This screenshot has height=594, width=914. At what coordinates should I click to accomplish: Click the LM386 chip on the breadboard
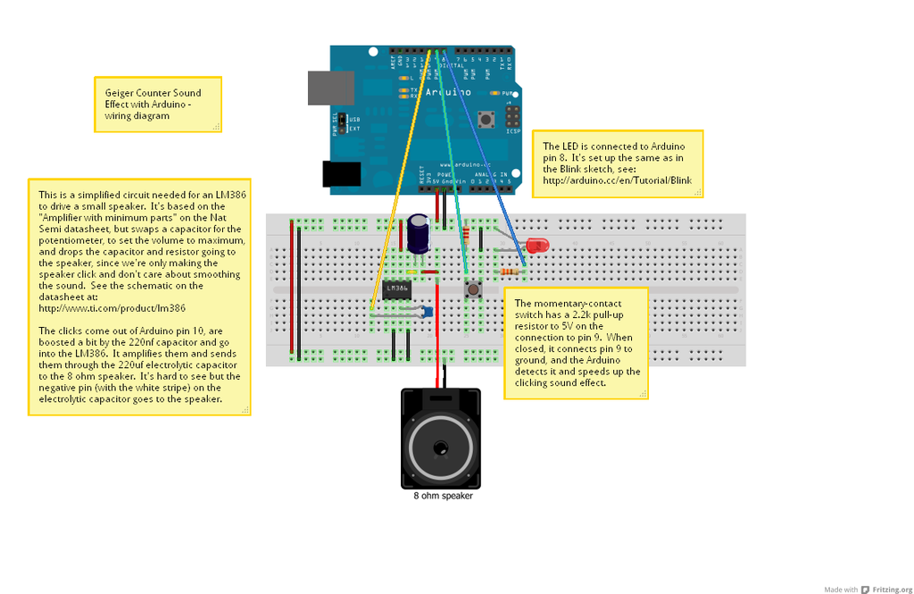(397, 289)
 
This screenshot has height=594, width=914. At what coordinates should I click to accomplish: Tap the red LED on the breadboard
(536, 245)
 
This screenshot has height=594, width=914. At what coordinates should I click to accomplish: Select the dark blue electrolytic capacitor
(418, 231)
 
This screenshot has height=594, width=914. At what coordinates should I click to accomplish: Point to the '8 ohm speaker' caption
(443, 496)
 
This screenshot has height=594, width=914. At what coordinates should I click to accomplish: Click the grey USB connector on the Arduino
(330, 88)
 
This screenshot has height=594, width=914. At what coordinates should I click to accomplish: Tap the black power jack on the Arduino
(341, 173)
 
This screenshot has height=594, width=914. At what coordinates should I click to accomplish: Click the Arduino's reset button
(486, 118)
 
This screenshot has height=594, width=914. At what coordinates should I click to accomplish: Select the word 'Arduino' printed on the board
(448, 92)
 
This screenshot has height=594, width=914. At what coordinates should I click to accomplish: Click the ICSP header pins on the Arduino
(512, 116)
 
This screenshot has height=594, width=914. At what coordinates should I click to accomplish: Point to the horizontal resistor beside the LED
(511, 272)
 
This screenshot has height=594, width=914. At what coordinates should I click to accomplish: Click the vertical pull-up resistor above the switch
(466, 236)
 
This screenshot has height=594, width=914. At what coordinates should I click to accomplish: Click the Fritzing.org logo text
(893, 590)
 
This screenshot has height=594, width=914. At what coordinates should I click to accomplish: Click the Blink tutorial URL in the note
(617, 180)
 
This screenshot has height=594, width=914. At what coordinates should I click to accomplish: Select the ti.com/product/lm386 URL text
(112, 308)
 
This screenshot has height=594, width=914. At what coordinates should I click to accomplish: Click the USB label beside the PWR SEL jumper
(354, 120)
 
